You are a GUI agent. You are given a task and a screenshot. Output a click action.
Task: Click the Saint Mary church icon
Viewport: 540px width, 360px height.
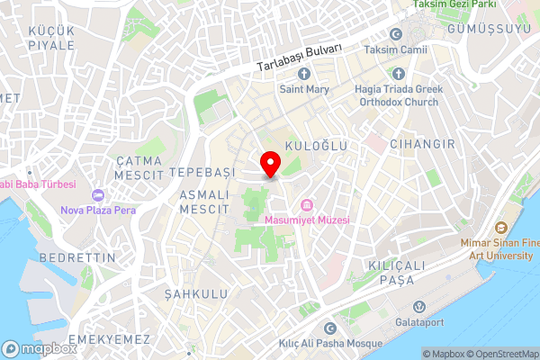304,73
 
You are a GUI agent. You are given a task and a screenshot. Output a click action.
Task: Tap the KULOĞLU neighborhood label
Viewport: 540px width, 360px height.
316,144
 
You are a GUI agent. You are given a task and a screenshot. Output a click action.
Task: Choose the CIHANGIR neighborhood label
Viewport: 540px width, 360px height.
418,143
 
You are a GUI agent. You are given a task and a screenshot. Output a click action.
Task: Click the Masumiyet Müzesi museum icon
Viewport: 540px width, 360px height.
307,203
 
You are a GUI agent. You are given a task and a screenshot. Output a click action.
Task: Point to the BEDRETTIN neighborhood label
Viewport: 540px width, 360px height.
78,257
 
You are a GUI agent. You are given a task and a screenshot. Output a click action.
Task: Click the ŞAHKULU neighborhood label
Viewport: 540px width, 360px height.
193,294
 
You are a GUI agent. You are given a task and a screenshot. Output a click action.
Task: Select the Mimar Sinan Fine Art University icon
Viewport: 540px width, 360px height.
502,228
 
